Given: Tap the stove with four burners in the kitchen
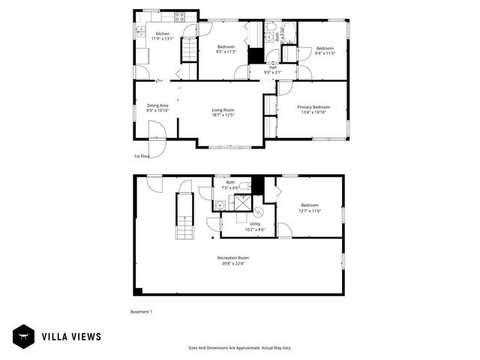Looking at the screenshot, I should point(181,15).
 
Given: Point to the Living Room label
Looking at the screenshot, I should point(223,109).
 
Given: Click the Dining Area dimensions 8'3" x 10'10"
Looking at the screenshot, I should point(157,110).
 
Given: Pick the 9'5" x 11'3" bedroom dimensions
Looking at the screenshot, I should point(226,52).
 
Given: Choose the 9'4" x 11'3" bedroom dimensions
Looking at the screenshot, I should point(324,52).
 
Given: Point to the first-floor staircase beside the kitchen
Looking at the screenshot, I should point(189,52).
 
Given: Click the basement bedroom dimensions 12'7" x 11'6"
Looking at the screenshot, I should point(310,211).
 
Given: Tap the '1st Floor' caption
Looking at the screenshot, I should point(142,156).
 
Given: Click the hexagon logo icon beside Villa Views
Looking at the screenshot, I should point(22,337).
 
